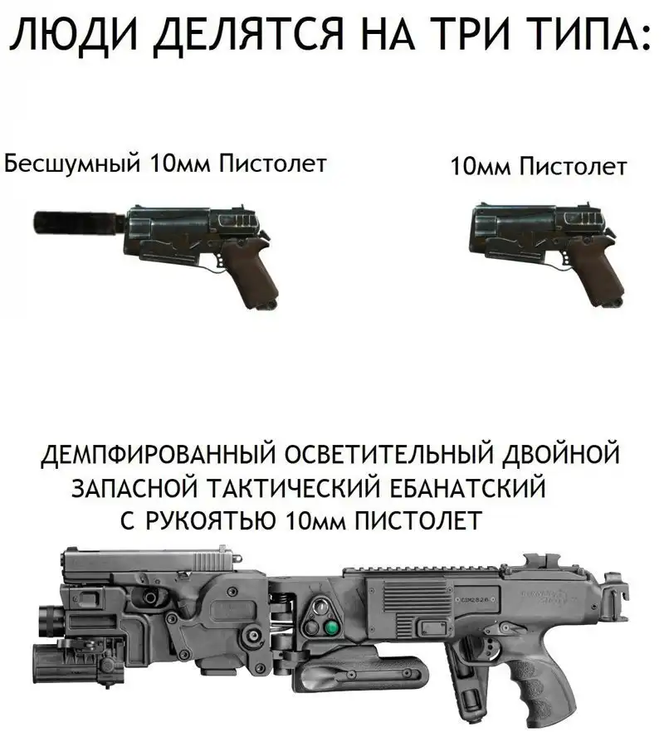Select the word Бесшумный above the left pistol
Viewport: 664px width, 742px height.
pos(72,164)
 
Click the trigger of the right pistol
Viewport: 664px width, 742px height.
pos(561,262)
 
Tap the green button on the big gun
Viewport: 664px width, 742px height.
pos(332,628)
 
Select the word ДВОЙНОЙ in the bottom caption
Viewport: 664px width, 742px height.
pos(560,454)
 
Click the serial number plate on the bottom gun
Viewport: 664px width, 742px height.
pos(476,599)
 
